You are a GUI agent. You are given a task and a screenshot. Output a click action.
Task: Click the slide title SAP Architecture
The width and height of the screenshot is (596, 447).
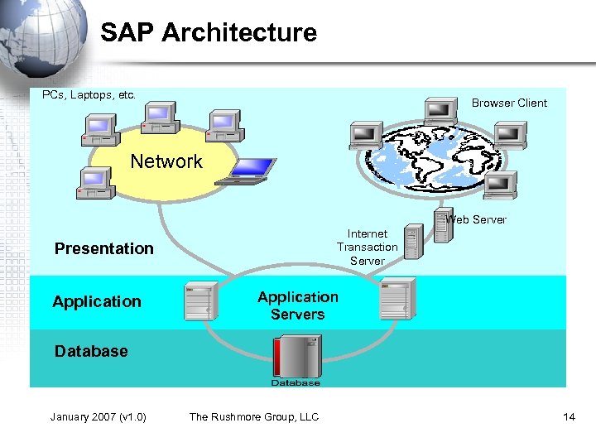point(209,33)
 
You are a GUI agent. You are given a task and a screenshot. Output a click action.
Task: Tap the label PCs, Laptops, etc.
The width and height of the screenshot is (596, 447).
point(89,95)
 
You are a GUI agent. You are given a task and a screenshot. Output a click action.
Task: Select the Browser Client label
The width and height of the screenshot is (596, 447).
point(509,103)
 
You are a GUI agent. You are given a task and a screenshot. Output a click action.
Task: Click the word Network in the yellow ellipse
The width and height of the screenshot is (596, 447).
point(166,161)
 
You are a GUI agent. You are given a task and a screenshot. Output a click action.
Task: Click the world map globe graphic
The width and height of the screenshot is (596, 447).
point(430,161)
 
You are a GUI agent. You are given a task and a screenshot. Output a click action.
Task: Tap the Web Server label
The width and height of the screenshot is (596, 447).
point(476,220)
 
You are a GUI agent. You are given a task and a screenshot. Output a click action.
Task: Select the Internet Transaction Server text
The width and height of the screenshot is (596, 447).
point(367,248)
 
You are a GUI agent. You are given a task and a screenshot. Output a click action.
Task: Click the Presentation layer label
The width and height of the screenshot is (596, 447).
point(103,248)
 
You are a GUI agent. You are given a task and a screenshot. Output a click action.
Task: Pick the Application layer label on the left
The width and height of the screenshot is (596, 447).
point(97,301)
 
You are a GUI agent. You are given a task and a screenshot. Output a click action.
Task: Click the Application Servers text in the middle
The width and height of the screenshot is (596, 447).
point(297,305)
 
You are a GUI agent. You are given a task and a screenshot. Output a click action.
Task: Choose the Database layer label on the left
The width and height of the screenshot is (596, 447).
point(91,351)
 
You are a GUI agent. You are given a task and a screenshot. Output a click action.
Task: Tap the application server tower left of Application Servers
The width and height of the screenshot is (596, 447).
point(201,300)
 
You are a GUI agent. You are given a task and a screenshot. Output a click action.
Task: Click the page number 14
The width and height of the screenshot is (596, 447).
point(569,416)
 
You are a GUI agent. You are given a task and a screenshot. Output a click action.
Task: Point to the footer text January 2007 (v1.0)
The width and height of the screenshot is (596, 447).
point(98,416)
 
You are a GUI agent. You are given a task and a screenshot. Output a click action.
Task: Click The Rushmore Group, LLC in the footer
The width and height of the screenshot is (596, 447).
point(253,416)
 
